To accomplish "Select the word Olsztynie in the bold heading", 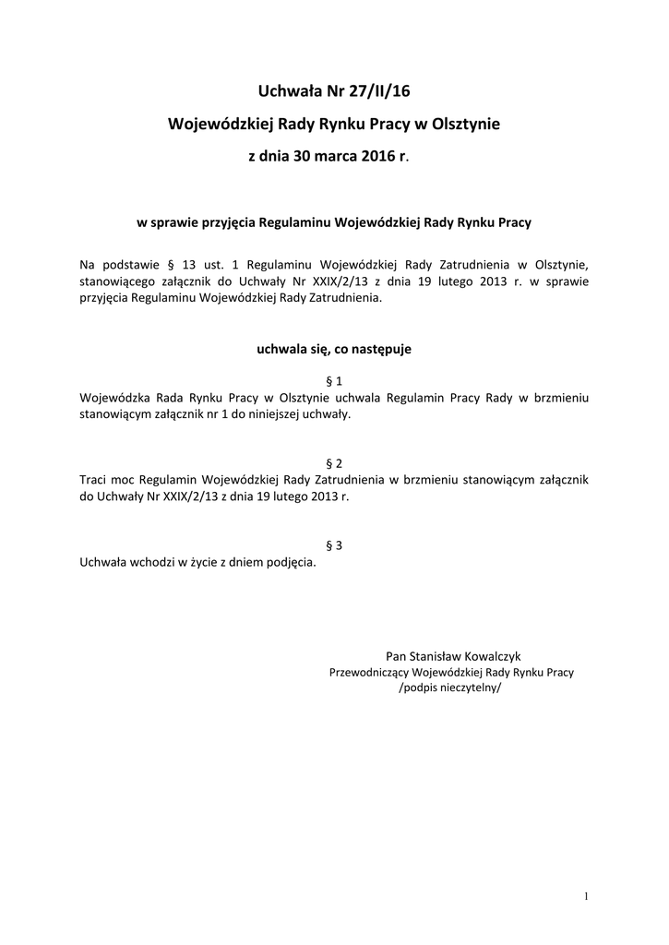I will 465,124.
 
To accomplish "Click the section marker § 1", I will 334,380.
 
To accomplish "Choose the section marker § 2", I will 334,462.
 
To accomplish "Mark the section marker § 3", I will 334,544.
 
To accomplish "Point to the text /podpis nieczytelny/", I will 451,689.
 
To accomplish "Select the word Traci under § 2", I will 96,479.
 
